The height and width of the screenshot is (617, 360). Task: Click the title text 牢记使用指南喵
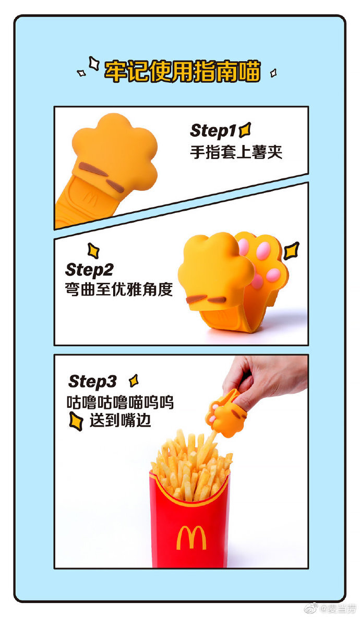[182, 71]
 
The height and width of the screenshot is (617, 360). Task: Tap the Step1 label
[213, 130]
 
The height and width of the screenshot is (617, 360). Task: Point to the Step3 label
[92, 381]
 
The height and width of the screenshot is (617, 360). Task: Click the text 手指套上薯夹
[235, 152]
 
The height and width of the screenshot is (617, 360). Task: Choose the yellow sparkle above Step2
[93, 251]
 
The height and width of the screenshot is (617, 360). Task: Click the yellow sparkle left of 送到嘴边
[76, 421]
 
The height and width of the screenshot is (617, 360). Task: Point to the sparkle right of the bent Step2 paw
[291, 250]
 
